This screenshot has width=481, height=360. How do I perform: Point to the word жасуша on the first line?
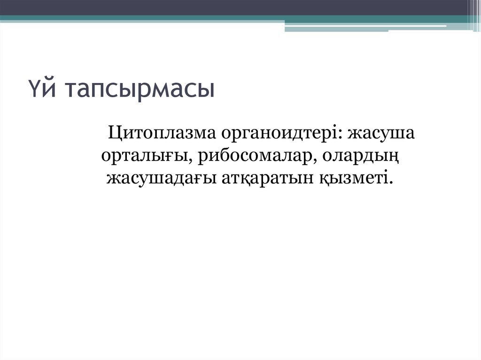[381, 134]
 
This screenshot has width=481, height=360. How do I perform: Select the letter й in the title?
[47, 89]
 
